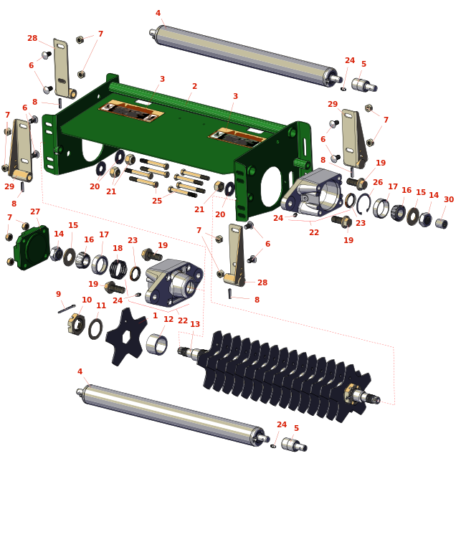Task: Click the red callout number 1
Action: (x=155, y=315)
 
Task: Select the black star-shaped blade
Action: (x=126, y=336)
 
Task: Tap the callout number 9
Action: (x=58, y=294)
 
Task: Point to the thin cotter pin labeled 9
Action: (x=67, y=309)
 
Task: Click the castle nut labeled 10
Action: (x=77, y=324)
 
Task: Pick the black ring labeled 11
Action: (x=95, y=329)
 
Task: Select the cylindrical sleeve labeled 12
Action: (x=156, y=344)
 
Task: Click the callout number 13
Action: (x=195, y=324)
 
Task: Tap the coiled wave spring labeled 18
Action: (x=118, y=269)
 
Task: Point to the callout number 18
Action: (x=118, y=248)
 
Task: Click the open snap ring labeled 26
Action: (x=364, y=204)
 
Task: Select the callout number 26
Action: (x=378, y=182)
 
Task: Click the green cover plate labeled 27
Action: (x=32, y=247)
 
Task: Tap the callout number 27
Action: (x=35, y=211)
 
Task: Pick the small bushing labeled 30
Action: (x=442, y=224)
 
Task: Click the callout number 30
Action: (x=449, y=199)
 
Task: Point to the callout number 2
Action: (x=194, y=86)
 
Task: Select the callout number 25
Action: (x=157, y=201)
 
